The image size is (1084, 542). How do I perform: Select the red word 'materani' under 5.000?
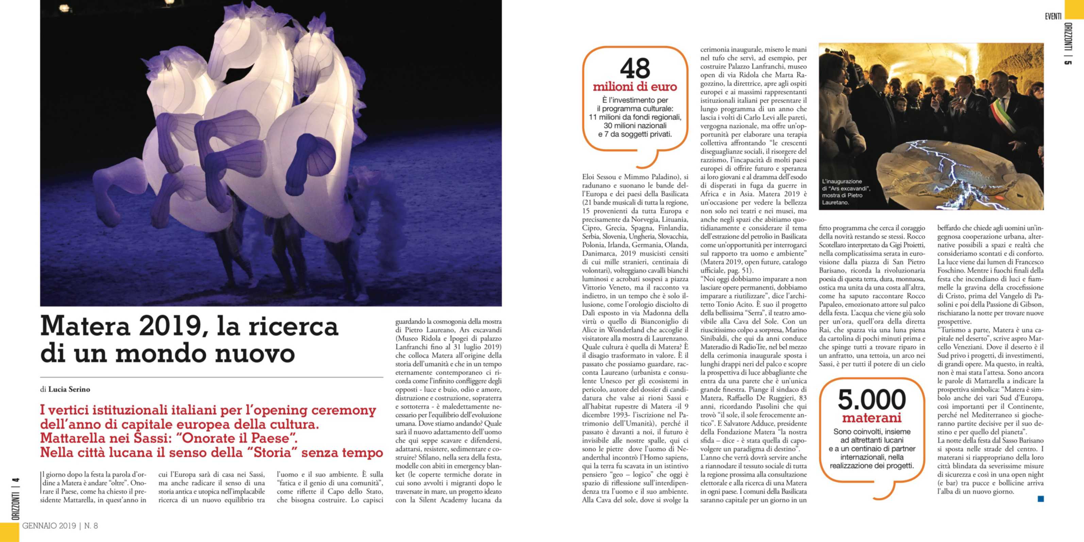coord(871,418)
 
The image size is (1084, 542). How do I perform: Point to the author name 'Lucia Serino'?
coord(69,389)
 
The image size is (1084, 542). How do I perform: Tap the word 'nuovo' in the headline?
coord(255,354)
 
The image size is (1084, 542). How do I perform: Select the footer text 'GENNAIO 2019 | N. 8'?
coord(60,526)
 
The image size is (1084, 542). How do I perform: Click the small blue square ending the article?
coord(1041,499)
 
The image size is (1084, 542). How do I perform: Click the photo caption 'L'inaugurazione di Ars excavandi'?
coord(846,192)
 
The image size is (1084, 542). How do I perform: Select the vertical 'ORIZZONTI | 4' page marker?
coord(16,499)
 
